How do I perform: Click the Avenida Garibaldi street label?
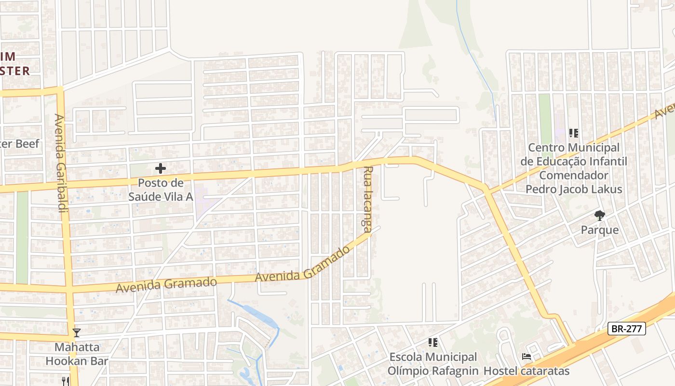[x=60, y=163]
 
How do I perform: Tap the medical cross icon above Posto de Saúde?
[x=161, y=168]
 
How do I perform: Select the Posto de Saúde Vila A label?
[x=161, y=190]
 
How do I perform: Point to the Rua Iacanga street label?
[x=368, y=200]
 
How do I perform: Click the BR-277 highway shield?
[x=626, y=329]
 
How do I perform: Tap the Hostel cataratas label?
[x=526, y=371]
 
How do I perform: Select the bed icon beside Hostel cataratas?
[x=526, y=357]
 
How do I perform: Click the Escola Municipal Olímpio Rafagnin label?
[x=433, y=364]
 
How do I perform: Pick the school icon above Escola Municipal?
[x=433, y=343]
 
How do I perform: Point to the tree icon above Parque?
[x=599, y=216]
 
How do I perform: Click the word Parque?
[x=599, y=230]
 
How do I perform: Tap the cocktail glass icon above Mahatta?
[x=77, y=333]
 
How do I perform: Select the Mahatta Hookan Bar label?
[x=77, y=354]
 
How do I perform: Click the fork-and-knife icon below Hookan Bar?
[x=66, y=381]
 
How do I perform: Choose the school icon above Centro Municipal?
[x=573, y=133]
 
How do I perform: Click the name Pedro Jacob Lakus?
[x=574, y=189]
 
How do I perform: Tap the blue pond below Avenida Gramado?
[x=259, y=314]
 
